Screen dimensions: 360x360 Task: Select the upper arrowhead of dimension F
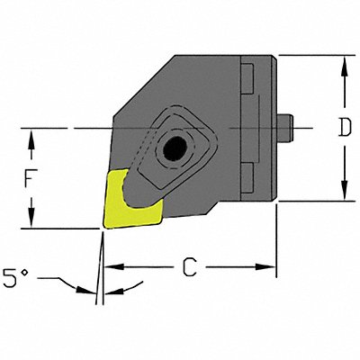tap(31, 134)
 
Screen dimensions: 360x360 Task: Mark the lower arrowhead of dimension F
tap(31, 223)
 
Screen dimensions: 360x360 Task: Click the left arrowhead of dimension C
tap(111, 266)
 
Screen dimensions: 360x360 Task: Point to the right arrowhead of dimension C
tap(269, 266)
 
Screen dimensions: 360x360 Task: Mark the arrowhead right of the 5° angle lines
tap(112, 289)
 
